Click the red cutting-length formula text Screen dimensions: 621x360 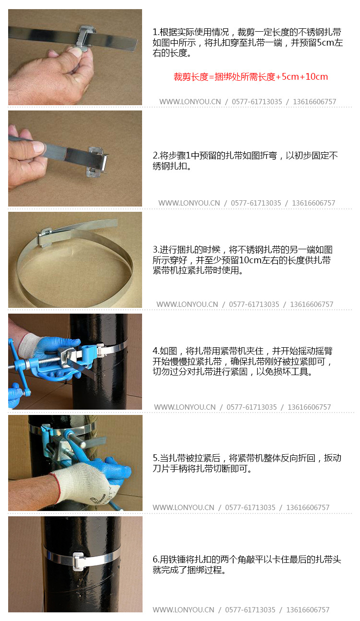point(251,77)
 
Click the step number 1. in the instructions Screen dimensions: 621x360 point(156,33)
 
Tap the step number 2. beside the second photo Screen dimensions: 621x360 point(156,156)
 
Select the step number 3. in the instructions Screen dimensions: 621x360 point(156,250)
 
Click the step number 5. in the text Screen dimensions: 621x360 point(156,458)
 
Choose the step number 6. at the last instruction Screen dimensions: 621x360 point(156,560)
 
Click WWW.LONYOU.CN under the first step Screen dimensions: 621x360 point(190,102)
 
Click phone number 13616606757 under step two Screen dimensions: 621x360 point(313,203)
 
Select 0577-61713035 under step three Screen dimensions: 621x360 point(254,304)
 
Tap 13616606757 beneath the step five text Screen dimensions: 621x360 point(308,508)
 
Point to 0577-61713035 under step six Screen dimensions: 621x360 point(250,610)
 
